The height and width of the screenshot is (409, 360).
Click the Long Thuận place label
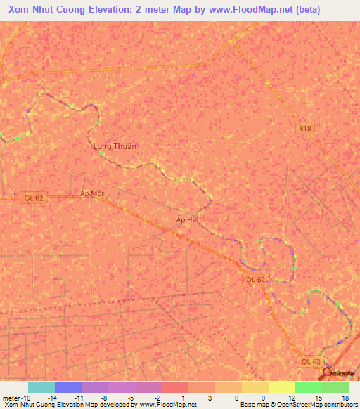[115, 146]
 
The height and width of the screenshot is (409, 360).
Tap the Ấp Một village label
[92, 193]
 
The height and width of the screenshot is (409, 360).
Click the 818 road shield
[304, 128]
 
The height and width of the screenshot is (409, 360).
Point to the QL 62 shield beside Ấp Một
[32, 198]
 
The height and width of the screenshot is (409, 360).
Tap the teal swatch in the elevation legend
[41, 387]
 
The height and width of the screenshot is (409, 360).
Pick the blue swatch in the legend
[68, 387]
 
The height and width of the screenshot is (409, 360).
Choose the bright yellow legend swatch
[282, 387]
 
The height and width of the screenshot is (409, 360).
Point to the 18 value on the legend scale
[345, 397]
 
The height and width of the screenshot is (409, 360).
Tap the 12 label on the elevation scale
[291, 397]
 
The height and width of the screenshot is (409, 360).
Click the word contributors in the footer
[337, 405]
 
